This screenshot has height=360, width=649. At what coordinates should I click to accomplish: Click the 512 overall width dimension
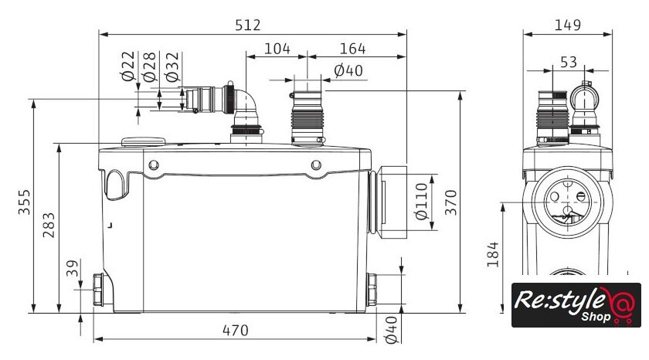pos(248,25)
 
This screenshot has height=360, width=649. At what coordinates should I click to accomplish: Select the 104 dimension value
pos(277,49)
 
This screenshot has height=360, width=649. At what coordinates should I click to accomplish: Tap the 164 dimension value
pos(352,49)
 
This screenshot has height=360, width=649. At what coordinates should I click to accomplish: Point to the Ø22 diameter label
pos(128,66)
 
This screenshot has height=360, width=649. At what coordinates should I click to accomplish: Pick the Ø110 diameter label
pos(420,201)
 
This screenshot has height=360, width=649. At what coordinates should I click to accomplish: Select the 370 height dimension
pos(450,202)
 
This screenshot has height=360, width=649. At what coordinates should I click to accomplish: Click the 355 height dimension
pos(24,202)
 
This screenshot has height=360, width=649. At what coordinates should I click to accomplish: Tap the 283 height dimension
pos(49,225)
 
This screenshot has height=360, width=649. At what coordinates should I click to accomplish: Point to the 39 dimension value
pos(72,268)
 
